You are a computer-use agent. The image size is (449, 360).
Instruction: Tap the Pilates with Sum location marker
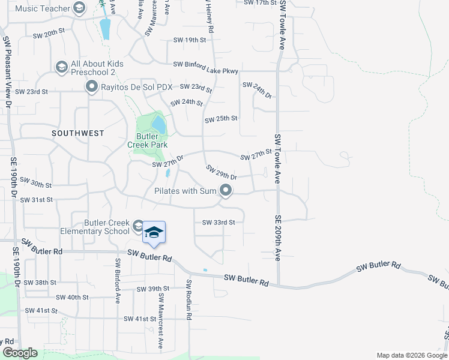(226, 191)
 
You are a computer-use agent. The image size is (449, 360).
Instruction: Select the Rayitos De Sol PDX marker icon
(92, 88)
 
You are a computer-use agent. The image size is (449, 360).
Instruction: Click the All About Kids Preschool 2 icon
(61, 67)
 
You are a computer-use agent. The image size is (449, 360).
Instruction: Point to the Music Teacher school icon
(79, 8)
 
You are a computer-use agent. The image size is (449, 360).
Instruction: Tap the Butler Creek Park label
(147, 140)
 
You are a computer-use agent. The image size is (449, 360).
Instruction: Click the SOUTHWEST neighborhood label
(77, 133)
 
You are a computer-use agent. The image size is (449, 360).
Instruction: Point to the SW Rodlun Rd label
(188, 300)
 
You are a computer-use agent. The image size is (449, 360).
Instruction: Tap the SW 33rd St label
(218, 222)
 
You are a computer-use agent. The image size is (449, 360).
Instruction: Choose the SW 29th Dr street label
(221, 173)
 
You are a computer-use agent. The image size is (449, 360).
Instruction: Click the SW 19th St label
(189, 40)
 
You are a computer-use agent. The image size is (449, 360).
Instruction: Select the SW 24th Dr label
(258, 90)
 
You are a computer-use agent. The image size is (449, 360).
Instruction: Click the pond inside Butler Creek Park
(158, 125)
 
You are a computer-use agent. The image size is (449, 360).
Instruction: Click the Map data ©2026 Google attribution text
(411, 355)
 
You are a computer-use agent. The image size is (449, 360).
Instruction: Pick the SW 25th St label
(221, 119)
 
